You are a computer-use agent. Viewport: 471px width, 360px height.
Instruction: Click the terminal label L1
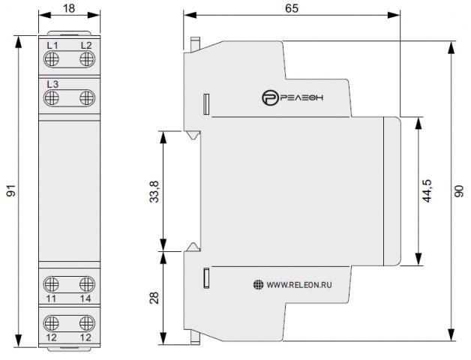[52, 46]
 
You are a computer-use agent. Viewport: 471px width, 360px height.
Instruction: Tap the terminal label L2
[86, 46]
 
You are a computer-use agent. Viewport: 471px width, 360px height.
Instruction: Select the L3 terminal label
[52, 85]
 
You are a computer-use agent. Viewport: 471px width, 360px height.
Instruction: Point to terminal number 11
[51, 298]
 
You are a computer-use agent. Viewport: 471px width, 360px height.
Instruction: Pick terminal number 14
[85, 298]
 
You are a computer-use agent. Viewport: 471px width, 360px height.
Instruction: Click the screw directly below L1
[51, 59]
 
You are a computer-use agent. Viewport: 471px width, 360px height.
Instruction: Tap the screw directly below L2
[87, 59]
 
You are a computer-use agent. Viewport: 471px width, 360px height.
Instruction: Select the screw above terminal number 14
[87, 284]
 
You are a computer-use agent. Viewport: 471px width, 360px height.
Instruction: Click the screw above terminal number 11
[51, 284]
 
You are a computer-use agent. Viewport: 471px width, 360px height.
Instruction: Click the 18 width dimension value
[69, 8]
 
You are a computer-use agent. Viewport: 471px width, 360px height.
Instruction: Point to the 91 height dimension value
[10, 191]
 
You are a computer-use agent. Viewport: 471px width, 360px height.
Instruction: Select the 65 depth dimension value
[292, 8]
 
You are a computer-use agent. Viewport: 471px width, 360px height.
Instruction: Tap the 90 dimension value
[459, 191]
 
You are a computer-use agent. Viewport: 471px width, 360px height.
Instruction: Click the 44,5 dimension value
[427, 191]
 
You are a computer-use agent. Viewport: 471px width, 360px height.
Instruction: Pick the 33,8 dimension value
[154, 192]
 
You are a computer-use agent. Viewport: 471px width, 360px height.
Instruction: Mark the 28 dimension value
[154, 298]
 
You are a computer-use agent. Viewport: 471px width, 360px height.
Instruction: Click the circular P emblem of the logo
[268, 98]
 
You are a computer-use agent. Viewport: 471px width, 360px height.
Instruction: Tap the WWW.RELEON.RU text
[299, 285]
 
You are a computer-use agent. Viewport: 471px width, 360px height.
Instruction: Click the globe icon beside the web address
[258, 284]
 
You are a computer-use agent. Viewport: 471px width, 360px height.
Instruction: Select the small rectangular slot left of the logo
[206, 104]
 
